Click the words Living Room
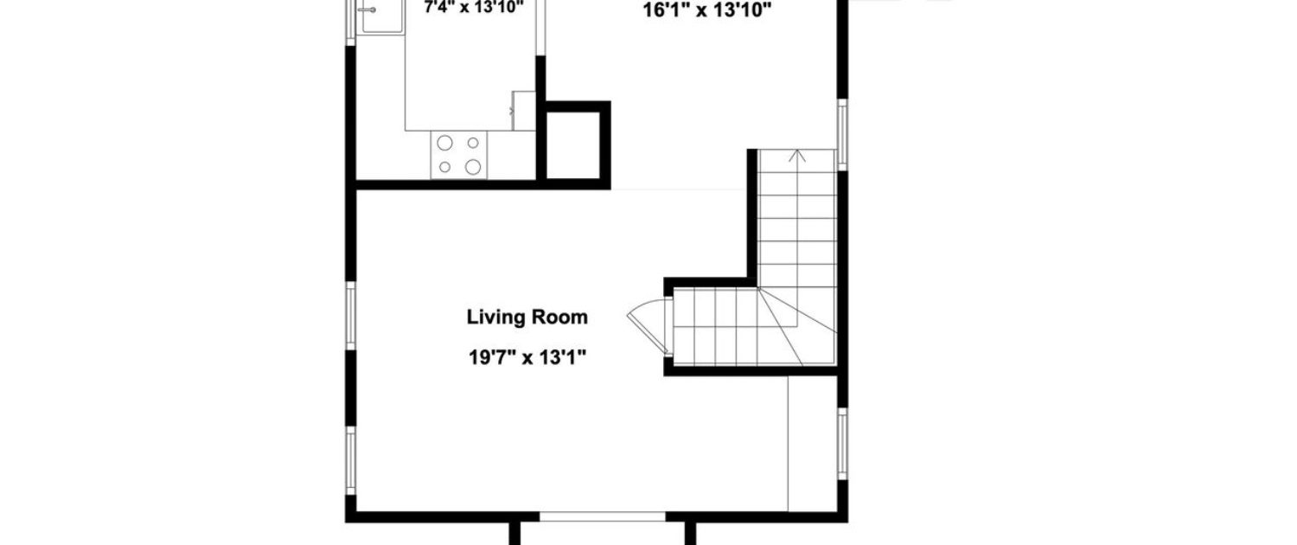click(x=527, y=317)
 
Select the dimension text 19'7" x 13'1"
click(x=527, y=357)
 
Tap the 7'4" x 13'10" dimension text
click(x=474, y=8)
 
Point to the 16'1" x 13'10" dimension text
click(x=707, y=10)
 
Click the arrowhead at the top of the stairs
click(x=798, y=155)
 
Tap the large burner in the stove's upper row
click(x=444, y=143)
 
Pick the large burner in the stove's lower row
click(x=473, y=167)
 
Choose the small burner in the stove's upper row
click(x=473, y=143)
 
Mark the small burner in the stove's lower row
click(x=444, y=167)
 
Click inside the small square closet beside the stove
click(x=573, y=144)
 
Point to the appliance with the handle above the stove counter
click(x=523, y=111)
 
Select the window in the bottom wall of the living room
click(x=602, y=516)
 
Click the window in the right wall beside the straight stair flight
click(x=842, y=134)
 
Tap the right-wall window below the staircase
click(x=842, y=444)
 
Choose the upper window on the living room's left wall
click(x=350, y=317)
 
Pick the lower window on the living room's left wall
click(x=350, y=460)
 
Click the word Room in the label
click(x=560, y=317)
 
